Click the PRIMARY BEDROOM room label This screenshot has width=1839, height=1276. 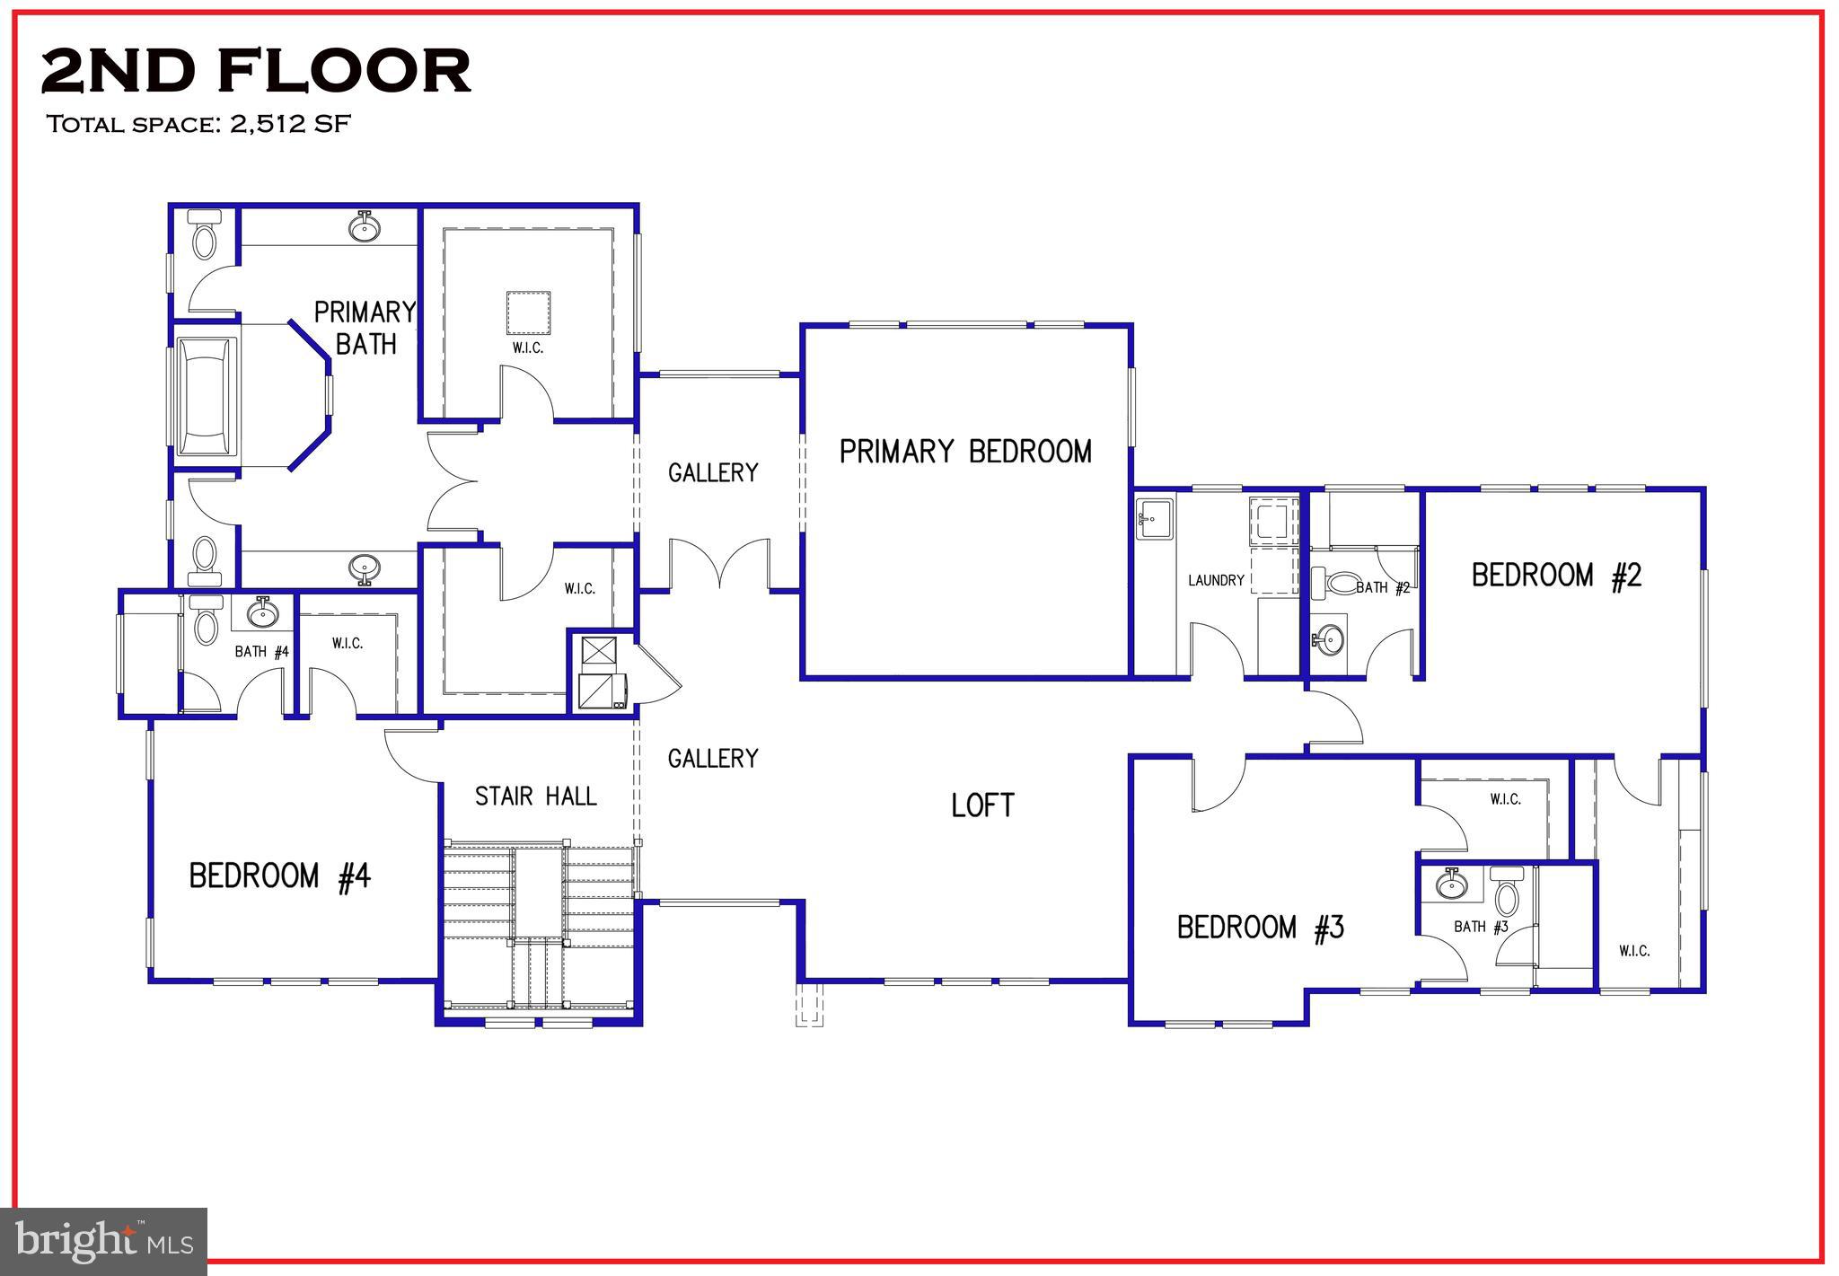(x=965, y=451)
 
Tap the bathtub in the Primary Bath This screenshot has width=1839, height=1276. (x=206, y=396)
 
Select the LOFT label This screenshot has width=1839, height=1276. (x=982, y=805)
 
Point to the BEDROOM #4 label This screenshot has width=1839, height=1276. (x=279, y=876)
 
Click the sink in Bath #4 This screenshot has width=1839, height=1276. (x=263, y=614)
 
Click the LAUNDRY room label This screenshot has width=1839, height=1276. (x=1216, y=580)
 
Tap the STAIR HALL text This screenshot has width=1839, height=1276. (x=535, y=796)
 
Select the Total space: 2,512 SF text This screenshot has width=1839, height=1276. (x=198, y=124)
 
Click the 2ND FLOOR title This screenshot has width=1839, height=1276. (x=256, y=71)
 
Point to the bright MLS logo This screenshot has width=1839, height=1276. (x=104, y=1241)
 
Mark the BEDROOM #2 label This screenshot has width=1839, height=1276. (x=1556, y=575)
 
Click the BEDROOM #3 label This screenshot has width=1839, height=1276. (x=1261, y=927)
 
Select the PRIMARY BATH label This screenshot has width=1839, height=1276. (x=365, y=328)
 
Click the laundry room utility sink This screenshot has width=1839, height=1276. (x=1155, y=519)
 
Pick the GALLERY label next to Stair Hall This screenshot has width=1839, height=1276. (x=713, y=758)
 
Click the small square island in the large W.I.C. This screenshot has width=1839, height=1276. (x=528, y=312)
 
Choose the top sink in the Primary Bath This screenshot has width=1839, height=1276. (x=364, y=228)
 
